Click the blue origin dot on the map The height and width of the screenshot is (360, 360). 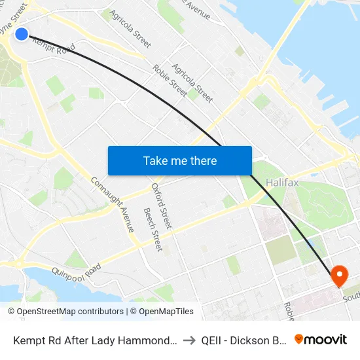(x=22, y=33)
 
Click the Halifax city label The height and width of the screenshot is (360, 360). (x=283, y=182)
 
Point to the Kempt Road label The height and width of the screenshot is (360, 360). (x=54, y=45)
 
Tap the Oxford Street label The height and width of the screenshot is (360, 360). (x=162, y=206)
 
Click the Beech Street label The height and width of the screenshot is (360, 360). (x=153, y=230)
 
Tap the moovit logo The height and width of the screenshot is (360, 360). (x=321, y=340)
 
